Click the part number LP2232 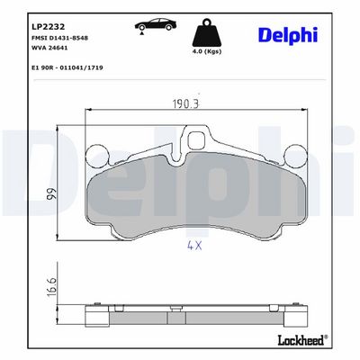click(48, 27)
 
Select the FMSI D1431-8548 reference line click(59, 38)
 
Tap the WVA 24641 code click(49, 48)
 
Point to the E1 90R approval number click(67, 67)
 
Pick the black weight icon click(207, 32)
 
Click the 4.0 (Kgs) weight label click(207, 51)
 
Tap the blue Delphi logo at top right click(288, 35)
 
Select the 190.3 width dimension click(186, 103)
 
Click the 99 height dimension click(51, 194)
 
